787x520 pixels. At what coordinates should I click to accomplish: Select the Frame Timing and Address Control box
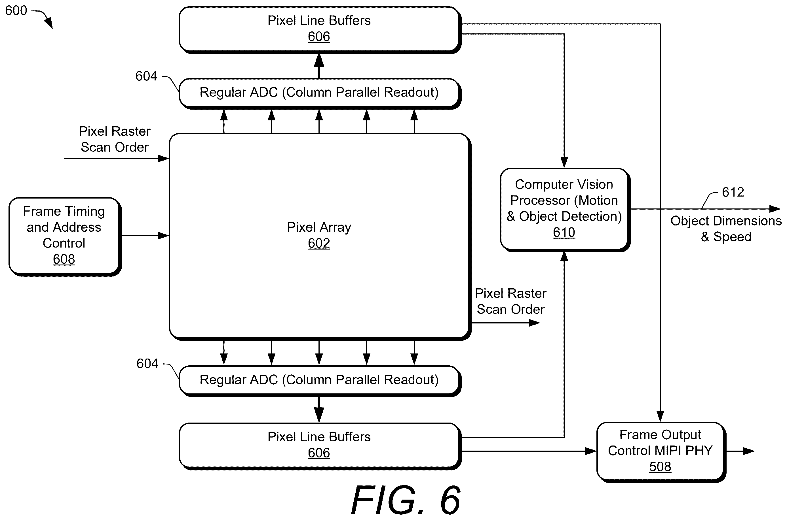coord(65,236)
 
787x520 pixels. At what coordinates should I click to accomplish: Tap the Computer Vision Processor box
coord(565,210)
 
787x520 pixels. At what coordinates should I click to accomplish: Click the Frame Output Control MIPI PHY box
coord(661,452)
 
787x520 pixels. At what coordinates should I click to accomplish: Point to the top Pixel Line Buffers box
coord(320,30)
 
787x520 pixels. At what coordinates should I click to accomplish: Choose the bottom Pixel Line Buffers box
coord(320,446)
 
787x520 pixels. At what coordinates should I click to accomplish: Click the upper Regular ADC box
coord(320,94)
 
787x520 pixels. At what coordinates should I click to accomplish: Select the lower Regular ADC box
coord(320,381)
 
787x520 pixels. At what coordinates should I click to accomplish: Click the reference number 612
coord(733,192)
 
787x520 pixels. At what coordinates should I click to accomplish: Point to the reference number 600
coord(16,10)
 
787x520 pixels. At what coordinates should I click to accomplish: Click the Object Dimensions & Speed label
coord(726,229)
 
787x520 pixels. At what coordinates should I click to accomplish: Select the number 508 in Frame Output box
coord(660,466)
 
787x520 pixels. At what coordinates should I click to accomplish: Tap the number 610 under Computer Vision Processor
coord(564,232)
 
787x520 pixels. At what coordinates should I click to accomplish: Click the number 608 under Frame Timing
coord(64,259)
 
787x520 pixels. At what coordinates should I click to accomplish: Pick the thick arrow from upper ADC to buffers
coord(319,66)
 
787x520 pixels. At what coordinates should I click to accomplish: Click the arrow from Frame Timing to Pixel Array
coord(145,236)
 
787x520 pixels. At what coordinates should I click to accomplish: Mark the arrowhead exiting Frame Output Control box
coord(749,451)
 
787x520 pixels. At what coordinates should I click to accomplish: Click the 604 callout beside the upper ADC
coord(146,76)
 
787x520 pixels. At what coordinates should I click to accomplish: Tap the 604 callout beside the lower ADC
coord(147,363)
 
